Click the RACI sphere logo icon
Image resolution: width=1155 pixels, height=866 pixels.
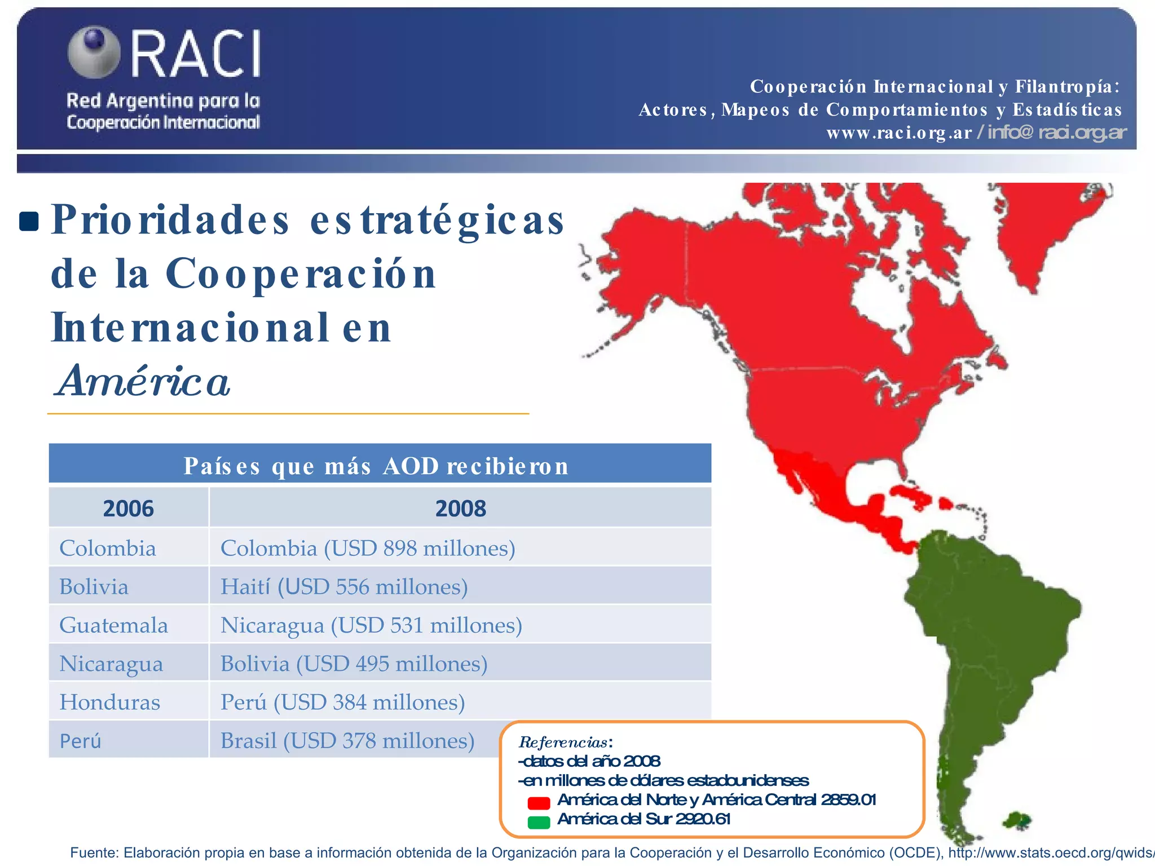point(94,52)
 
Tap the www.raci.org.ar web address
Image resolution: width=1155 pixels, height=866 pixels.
point(899,132)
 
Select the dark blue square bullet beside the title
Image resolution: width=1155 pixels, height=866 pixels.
point(29,221)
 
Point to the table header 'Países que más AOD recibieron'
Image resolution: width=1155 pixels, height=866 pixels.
point(376,466)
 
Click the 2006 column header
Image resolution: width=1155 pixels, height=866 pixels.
point(128,508)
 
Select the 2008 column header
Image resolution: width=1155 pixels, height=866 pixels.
point(460,508)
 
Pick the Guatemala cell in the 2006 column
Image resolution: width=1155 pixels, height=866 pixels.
point(113,625)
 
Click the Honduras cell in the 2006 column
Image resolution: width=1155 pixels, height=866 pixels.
point(110,702)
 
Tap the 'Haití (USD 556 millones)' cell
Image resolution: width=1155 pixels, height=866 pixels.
point(344,586)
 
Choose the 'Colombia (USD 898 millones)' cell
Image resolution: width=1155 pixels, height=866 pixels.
point(368,548)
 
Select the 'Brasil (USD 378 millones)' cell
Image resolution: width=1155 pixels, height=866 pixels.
point(347,740)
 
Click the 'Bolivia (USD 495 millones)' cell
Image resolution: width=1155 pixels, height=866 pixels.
point(354,664)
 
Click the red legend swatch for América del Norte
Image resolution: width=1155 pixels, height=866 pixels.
point(539,802)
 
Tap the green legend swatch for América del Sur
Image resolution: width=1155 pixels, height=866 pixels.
point(539,822)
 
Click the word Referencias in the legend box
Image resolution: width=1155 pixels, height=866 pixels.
point(563,741)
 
